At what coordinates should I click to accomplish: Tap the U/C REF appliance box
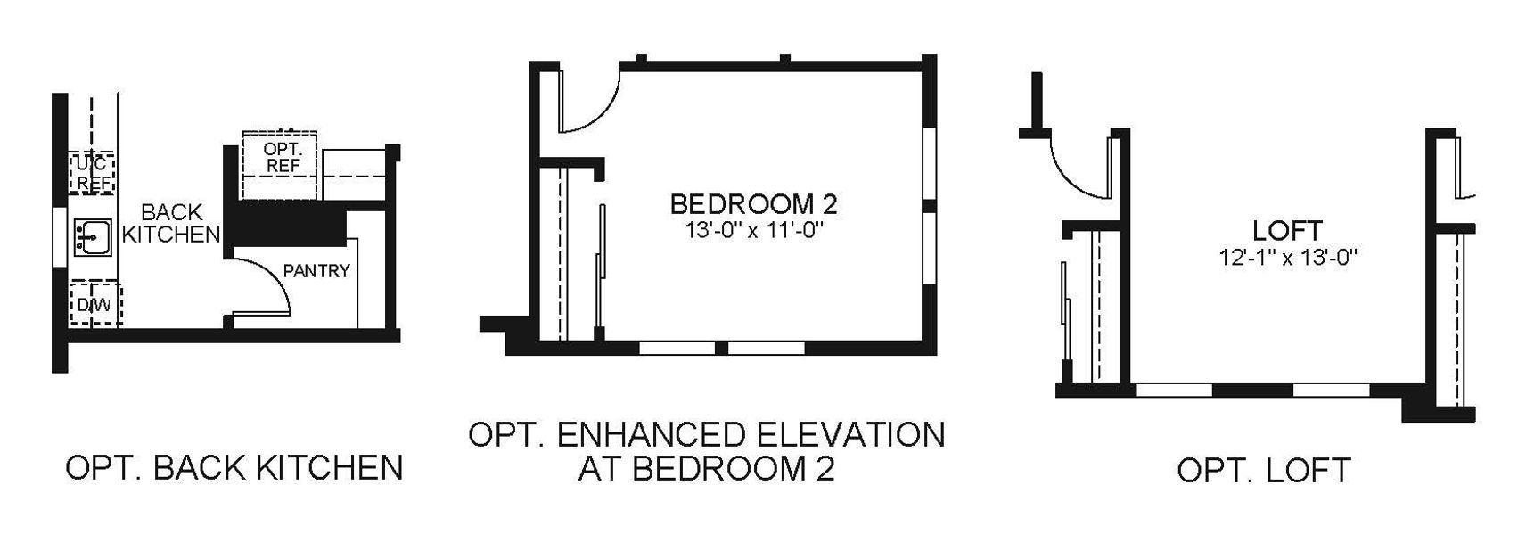(x=92, y=173)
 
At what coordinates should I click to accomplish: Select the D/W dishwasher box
(x=94, y=305)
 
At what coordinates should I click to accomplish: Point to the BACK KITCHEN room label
(x=171, y=224)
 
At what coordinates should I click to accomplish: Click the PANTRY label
(x=316, y=270)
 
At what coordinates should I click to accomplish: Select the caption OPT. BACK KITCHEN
(x=234, y=467)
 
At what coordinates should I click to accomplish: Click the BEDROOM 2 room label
(x=753, y=204)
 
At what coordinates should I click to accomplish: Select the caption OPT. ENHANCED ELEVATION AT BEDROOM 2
(x=706, y=451)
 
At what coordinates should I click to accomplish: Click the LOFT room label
(x=1287, y=231)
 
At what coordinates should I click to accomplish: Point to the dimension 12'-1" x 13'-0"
(x=1287, y=258)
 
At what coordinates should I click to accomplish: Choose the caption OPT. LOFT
(x=1263, y=470)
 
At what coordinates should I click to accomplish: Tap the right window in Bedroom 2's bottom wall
(x=767, y=348)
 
